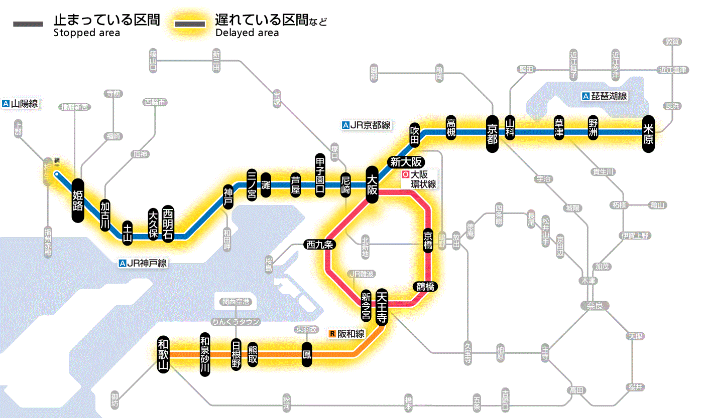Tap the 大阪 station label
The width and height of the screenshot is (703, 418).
pyautogui.click(x=372, y=185)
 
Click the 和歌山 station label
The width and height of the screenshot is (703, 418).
pyautogui.click(x=164, y=354)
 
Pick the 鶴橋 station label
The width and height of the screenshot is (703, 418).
pyautogui.click(x=425, y=286)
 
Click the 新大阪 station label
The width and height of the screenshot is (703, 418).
pyautogui.click(x=407, y=162)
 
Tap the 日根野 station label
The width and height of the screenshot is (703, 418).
pyautogui.click(x=236, y=354)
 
